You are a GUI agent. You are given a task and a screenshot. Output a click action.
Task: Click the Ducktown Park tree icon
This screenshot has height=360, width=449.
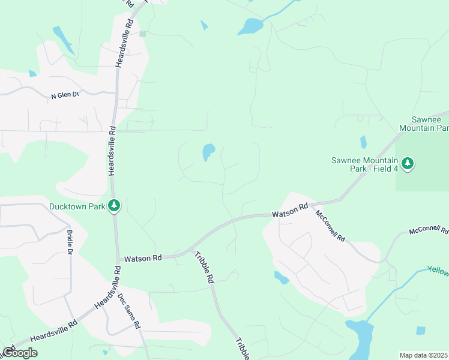click(x=114, y=206)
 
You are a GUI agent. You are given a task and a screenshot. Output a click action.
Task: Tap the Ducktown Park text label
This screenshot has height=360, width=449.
click(x=78, y=207)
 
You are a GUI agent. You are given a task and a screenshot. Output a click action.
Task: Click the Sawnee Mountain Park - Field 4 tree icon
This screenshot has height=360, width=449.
click(x=408, y=163)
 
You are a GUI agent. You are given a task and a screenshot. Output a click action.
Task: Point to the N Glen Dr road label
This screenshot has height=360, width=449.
click(x=65, y=95)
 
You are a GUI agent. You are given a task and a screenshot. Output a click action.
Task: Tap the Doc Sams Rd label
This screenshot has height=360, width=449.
click(x=128, y=311)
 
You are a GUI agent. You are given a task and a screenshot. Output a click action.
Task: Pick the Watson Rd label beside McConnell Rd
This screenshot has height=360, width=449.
click(x=289, y=211)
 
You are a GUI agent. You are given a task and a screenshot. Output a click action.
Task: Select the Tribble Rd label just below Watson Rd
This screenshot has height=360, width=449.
click(x=204, y=267)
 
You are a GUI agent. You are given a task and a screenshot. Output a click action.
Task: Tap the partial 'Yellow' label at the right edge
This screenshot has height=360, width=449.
click(x=438, y=271)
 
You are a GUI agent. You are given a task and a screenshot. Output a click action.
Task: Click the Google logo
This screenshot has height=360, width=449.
click(x=20, y=353)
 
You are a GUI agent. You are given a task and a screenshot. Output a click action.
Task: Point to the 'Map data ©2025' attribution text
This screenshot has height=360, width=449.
click(x=424, y=355)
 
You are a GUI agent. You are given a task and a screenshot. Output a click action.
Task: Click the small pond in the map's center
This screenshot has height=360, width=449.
click(x=208, y=152)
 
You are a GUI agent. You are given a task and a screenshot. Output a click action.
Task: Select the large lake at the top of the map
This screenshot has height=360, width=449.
click(x=250, y=26)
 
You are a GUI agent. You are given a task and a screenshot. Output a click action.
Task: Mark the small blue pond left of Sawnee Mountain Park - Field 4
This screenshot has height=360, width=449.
click(x=363, y=142)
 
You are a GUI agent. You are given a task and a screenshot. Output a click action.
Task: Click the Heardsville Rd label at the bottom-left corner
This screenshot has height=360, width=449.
click(x=54, y=331)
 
